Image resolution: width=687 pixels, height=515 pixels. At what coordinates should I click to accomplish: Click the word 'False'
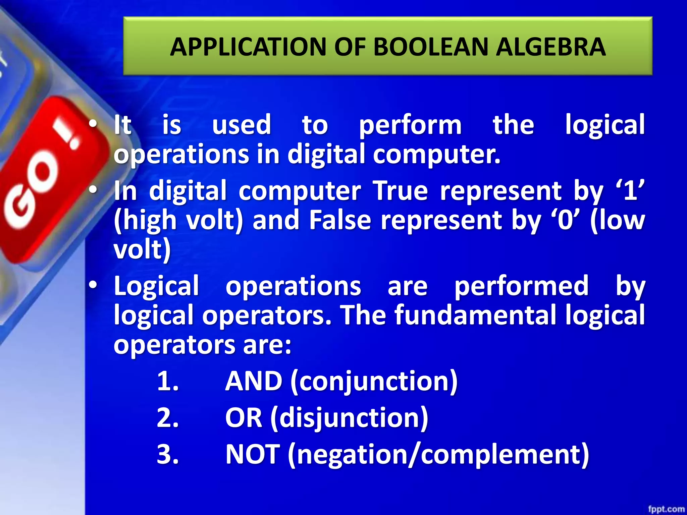340,221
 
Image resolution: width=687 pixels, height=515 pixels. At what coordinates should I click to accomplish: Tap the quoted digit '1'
630,190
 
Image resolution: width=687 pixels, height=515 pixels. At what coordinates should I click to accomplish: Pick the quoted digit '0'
565,221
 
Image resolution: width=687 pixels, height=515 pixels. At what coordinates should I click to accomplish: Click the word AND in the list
254,381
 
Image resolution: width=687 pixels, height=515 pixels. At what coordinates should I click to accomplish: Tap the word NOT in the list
252,454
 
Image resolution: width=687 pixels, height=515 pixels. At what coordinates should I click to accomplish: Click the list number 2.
167,418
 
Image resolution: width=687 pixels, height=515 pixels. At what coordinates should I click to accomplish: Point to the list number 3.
167,454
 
